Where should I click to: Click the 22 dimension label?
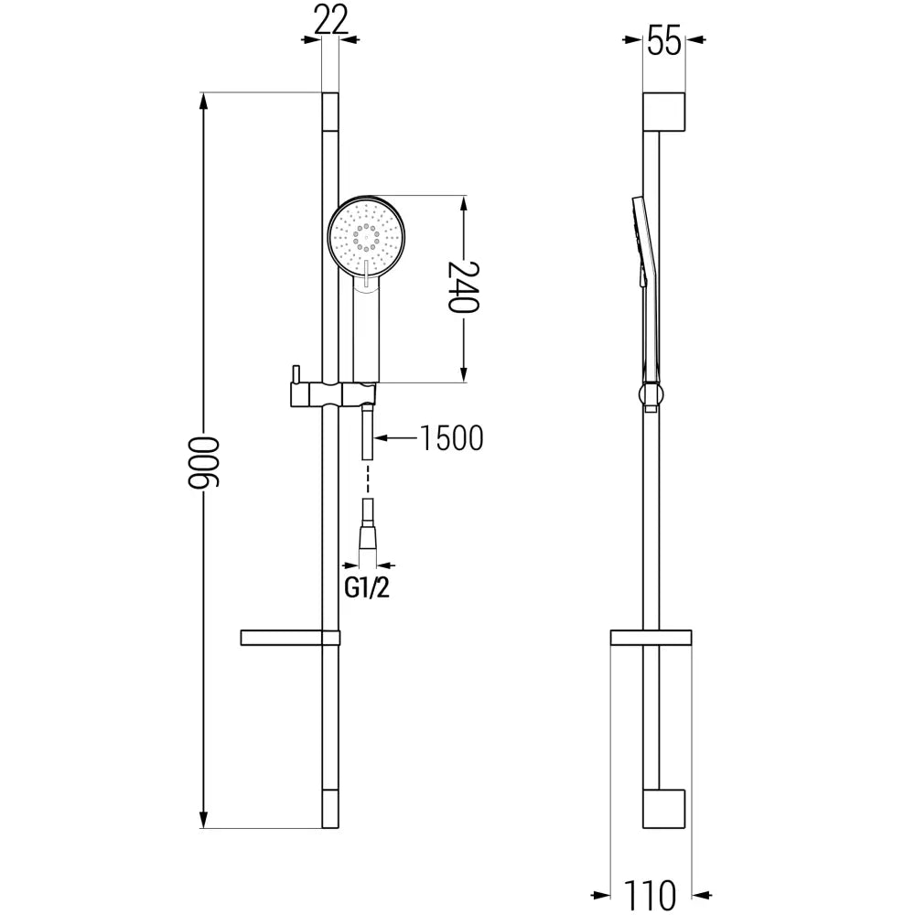pyautogui.click(x=331, y=19)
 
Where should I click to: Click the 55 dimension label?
pyautogui.click(x=664, y=42)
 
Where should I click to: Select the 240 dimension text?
pyautogui.click(x=463, y=287)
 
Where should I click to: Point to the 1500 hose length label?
pyautogui.click(x=452, y=438)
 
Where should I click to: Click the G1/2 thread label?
pyautogui.click(x=367, y=588)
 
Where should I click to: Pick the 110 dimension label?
pyautogui.click(x=650, y=895)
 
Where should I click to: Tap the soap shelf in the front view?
pyautogui.click(x=290, y=638)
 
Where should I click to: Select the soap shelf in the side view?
pyautogui.click(x=651, y=638)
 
